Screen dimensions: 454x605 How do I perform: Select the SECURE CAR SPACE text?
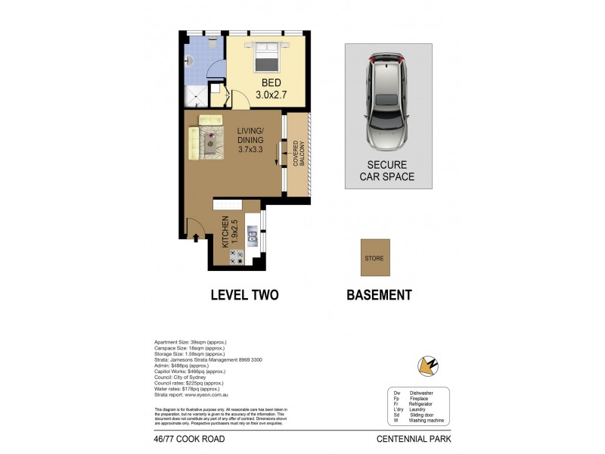(387, 171)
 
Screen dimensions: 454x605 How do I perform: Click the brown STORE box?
(374, 258)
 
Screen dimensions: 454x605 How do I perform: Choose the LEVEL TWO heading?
(244, 295)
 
